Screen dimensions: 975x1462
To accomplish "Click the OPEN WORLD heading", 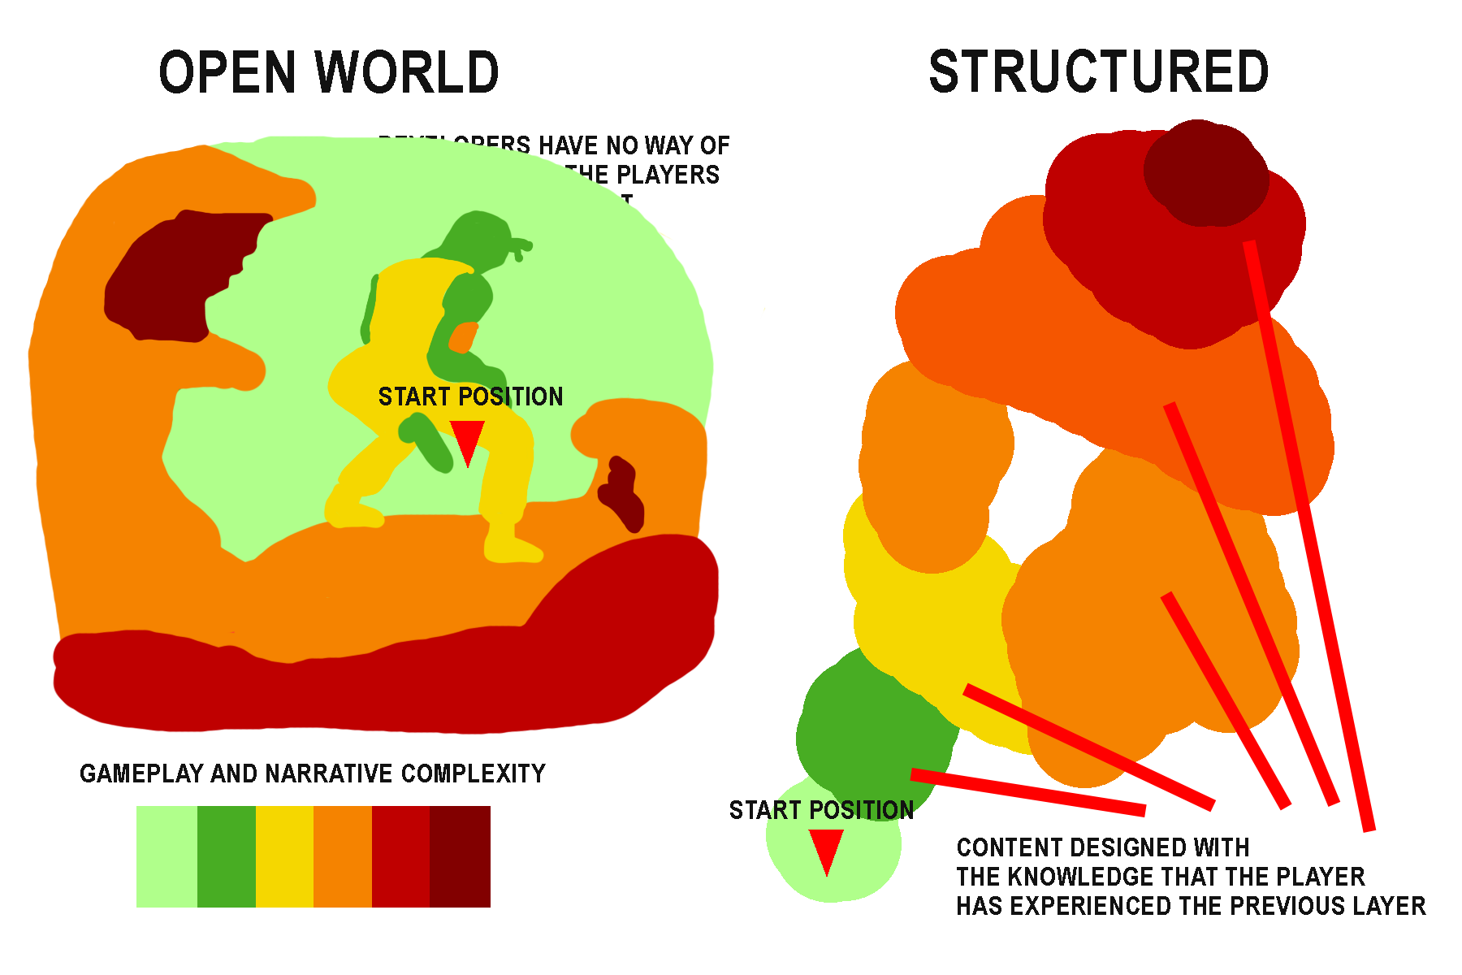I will point(328,72).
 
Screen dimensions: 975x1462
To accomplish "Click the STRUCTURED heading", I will point(1098,71).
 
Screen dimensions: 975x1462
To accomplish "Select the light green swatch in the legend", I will point(167,856).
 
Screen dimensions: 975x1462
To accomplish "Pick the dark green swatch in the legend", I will point(227,856).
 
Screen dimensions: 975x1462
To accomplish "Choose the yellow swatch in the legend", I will point(284,856).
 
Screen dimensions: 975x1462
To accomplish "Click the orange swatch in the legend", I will point(343,856).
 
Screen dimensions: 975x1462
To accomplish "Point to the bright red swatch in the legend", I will point(400,856).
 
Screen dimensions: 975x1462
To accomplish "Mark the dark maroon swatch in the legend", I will point(460,856).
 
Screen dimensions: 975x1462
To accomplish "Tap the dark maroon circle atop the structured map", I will point(1206,172).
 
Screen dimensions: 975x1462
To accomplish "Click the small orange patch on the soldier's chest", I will point(463,336).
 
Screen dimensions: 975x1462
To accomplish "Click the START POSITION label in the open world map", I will point(470,396).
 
